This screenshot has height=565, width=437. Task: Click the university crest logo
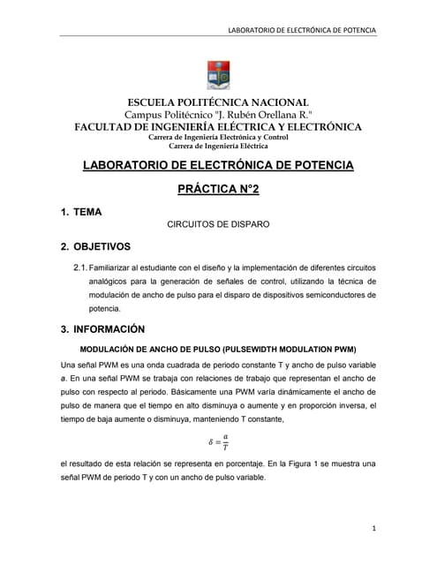click(217, 75)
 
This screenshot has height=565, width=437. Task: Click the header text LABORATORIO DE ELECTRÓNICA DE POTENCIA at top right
click(302, 30)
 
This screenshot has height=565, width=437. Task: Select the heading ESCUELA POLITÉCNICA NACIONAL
click(218, 102)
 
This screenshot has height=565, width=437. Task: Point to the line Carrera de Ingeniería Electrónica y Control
click(218, 137)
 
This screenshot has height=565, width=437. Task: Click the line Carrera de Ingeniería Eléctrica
click(218, 146)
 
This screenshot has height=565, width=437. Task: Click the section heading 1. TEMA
click(81, 213)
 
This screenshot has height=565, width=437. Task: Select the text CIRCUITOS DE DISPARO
click(218, 225)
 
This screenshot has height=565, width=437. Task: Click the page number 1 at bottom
click(374, 528)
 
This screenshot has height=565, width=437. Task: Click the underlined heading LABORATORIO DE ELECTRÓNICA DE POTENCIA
click(218, 165)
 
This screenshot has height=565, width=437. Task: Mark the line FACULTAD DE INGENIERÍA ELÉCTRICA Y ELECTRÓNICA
click(218, 126)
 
